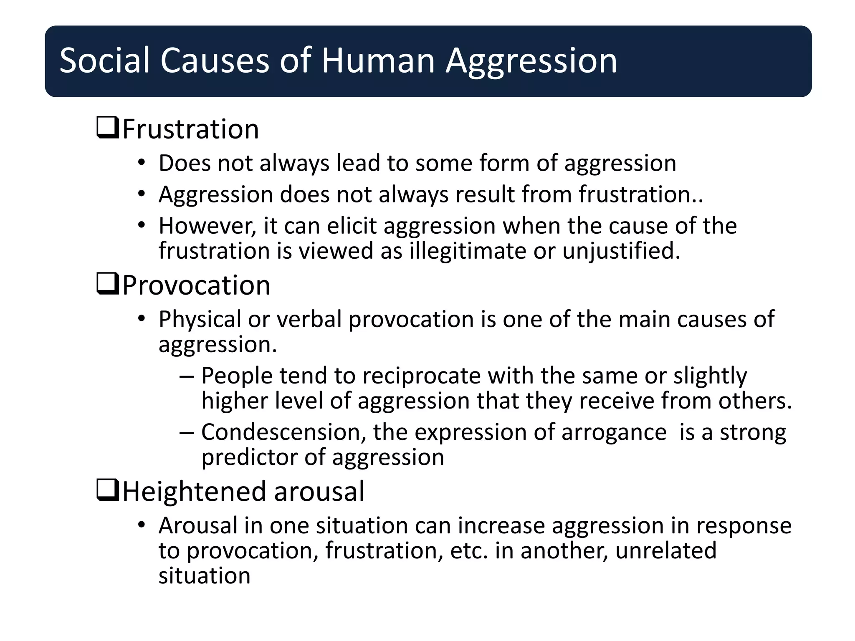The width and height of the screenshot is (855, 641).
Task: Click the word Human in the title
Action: pyautogui.click(x=378, y=61)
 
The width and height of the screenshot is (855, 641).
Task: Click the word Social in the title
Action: pyautogui.click(x=104, y=61)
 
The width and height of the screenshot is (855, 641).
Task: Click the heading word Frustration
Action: pyautogui.click(x=191, y=129)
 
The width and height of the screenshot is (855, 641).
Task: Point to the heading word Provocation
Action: pyautogui.click(x=196, y=285)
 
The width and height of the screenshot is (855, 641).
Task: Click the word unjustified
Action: pyautogui.click(x=621, y=251)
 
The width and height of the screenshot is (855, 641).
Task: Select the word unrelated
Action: pyautogui.click(x=666, y=550)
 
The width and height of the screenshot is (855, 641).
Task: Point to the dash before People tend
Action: pyautogui.click(x=187, y=376)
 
